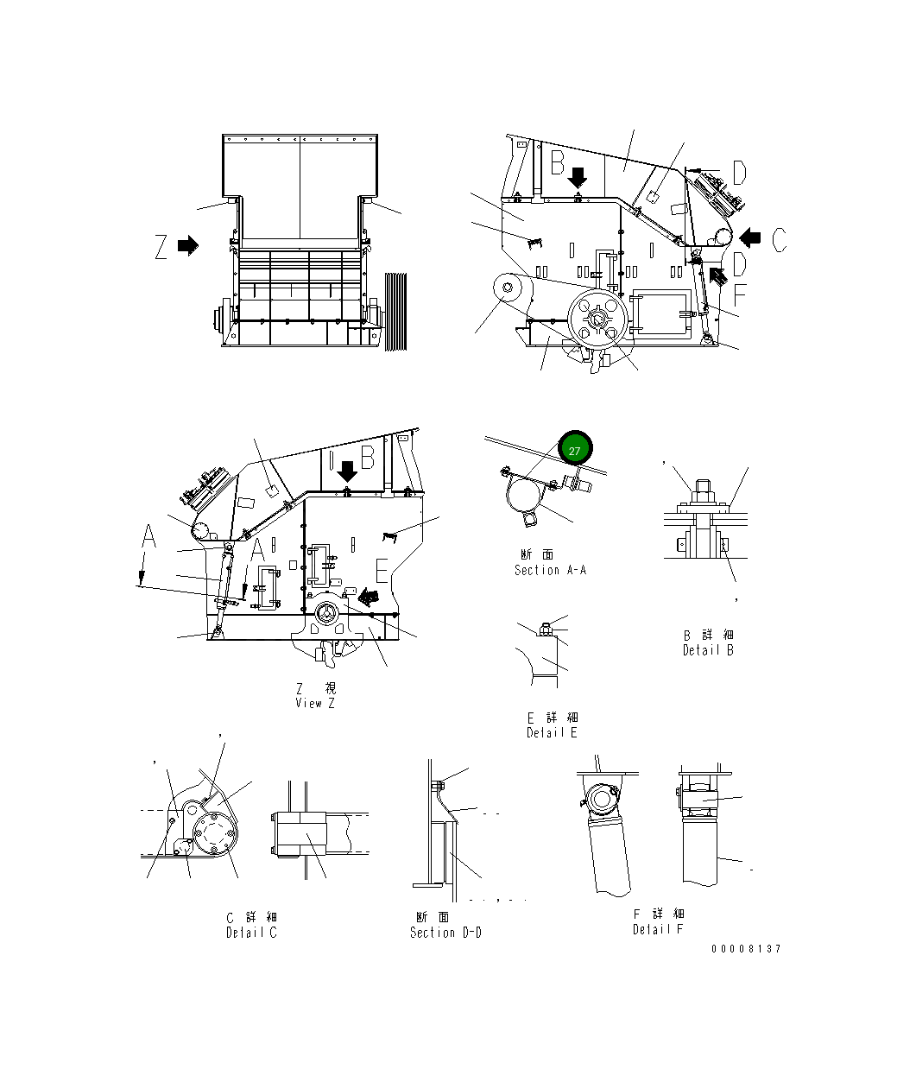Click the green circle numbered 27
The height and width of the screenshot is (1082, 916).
[x=576, y=449]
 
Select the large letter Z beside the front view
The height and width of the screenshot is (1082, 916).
[x=161, y=247]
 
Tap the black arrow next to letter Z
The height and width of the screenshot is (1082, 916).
[x=188, y=246]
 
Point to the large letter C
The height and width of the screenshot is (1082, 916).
[x=779, y=238]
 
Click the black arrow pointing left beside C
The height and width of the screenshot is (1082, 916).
[x=749, y=237]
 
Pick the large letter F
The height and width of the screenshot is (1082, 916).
[x=739, y=295]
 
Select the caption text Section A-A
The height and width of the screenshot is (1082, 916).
[x=550, y=570]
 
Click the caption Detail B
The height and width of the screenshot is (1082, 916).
[x=708, y=650]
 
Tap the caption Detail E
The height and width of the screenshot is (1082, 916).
[x=552, y=732]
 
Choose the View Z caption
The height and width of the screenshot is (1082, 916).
[x=314, y=703]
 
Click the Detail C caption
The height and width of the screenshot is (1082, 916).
[x=251, y=933]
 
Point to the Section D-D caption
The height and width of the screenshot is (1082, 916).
[x=445, y=933]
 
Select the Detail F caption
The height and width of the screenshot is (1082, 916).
[x=657, y=929]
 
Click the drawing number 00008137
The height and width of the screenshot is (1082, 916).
[x=746, y=949]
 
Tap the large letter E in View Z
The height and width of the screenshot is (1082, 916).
[x=383, y=571]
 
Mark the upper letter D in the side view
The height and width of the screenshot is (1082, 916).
[x=739, y=174]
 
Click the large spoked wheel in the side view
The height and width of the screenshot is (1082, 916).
[x=597, y=320]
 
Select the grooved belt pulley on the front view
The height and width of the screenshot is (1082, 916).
[x=395, y=311]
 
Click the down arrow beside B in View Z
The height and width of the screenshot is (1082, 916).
[x=347, y=471]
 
